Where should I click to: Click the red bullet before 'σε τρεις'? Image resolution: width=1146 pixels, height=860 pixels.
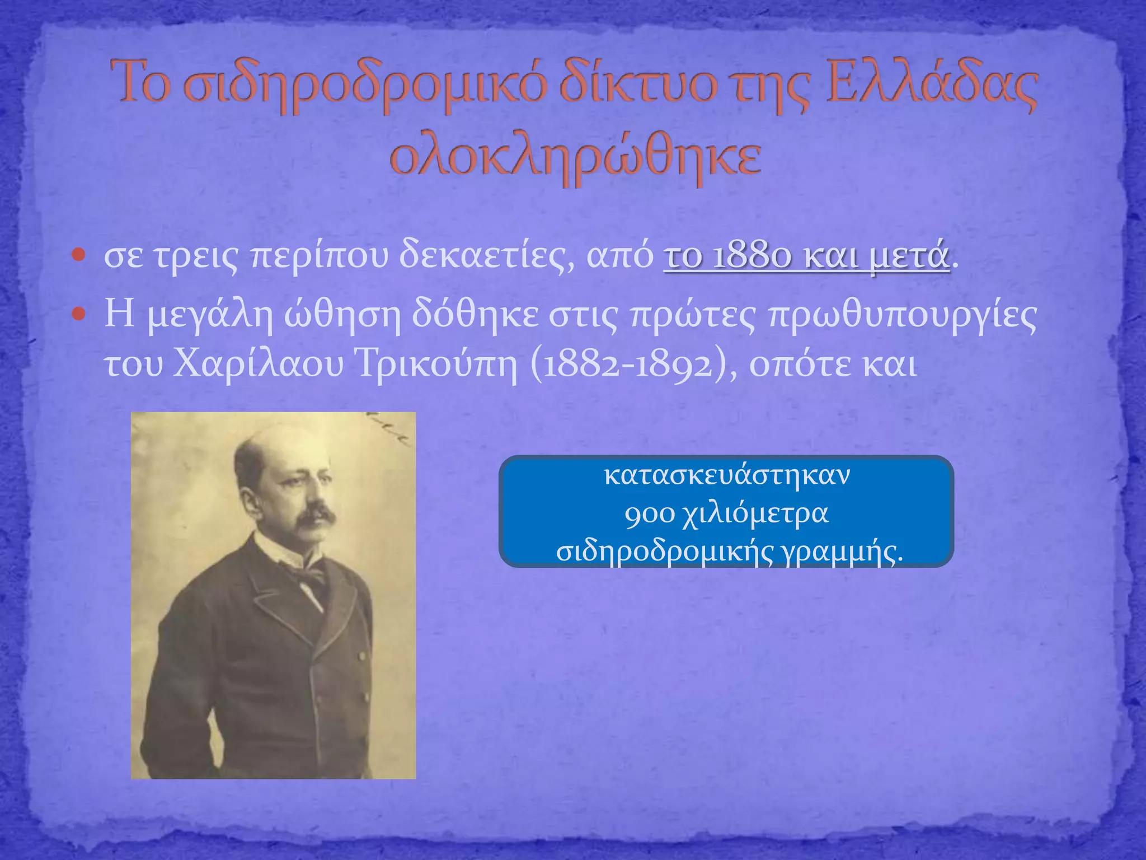(x=79, y=256)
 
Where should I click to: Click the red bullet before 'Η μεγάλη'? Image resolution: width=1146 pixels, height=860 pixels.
(x=79, y=314)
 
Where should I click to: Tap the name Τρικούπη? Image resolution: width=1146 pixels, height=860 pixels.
(x=437, y=364)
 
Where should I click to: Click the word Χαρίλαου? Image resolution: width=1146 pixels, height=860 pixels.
(x=258, y=364)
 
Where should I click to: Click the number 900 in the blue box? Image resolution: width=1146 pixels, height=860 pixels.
(x=649, y=514)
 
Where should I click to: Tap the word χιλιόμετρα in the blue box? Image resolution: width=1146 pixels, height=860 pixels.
(x=755, y=514)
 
